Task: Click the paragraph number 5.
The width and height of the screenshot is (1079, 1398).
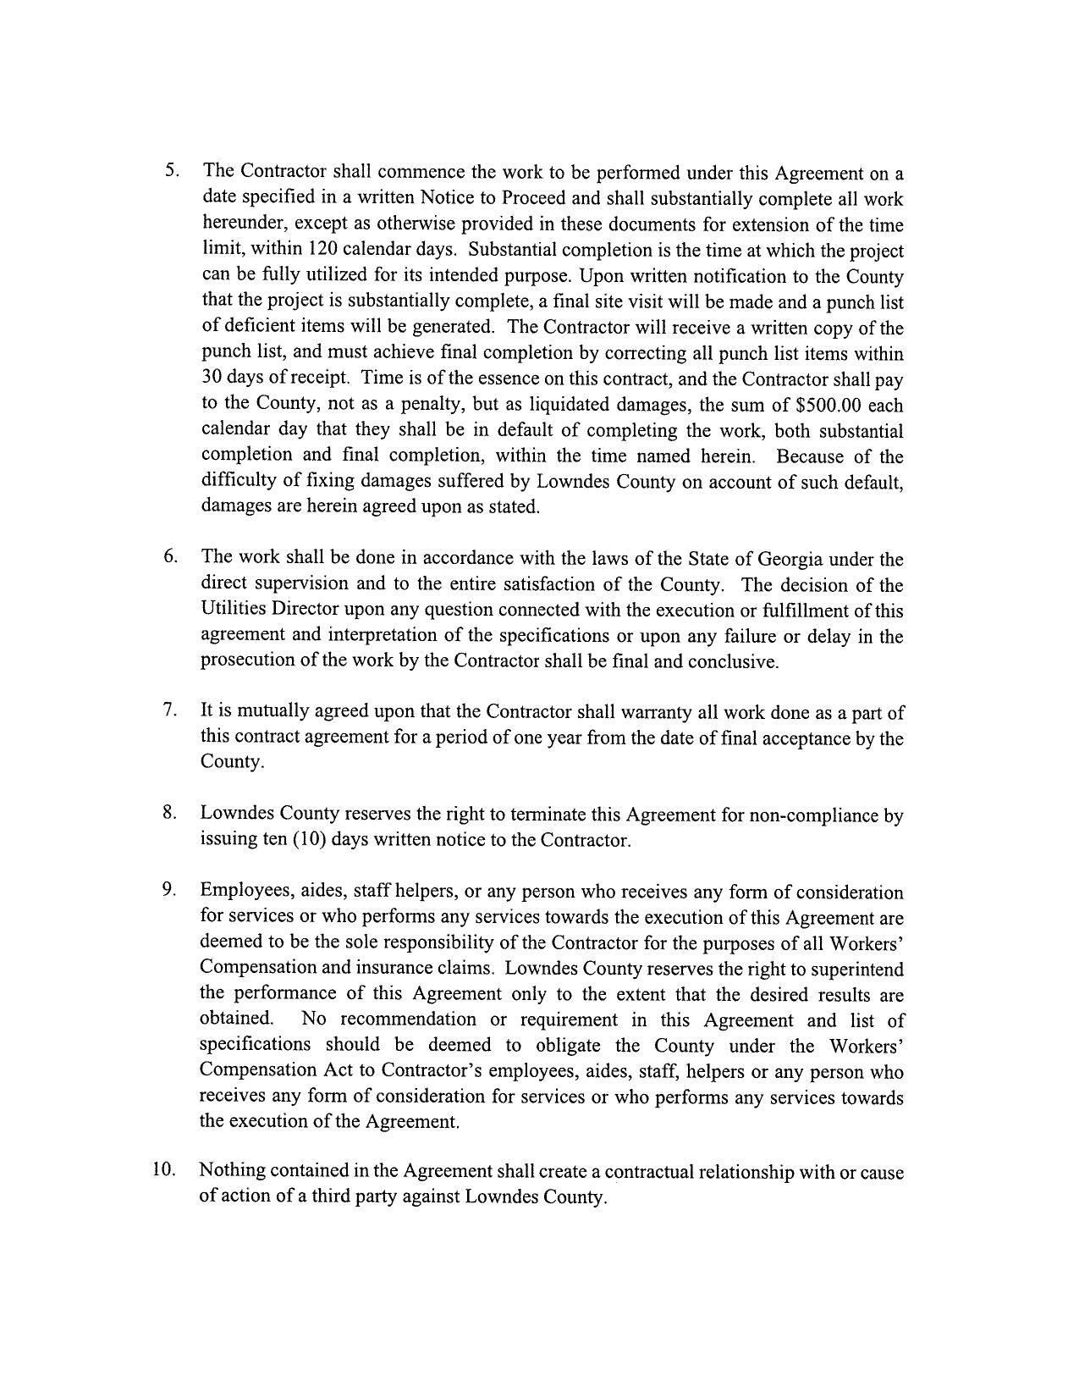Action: (x=171, y=169)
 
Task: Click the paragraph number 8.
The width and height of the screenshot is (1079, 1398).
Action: (x=169, y=813)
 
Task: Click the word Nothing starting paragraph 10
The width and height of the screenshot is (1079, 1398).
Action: (x=232, y=1171)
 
